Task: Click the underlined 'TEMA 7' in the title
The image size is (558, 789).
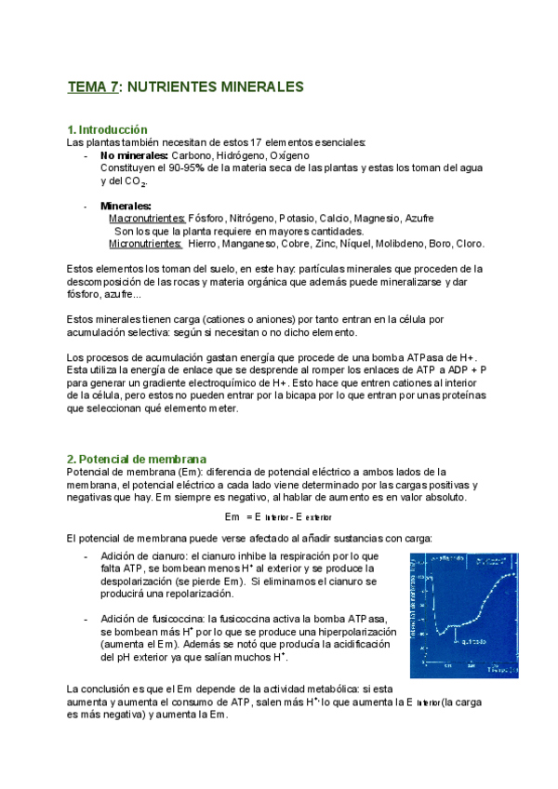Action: pyautogui.click(x=93, y=87)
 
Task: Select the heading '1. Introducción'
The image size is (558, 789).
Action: pyautogui.click(x=108, y=129)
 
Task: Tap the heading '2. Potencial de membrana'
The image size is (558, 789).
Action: pyautogui.click(x=137, y=460)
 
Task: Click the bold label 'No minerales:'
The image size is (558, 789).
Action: pyautogui.click(x=134, y=155)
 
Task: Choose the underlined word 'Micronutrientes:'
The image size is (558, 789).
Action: pyautogui.click(x=145, y=244)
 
